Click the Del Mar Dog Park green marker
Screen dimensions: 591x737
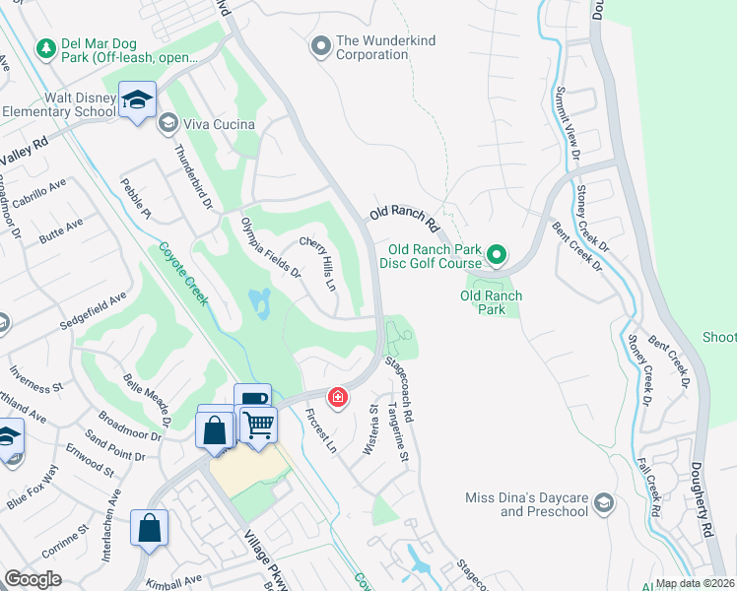[x=45, y=48]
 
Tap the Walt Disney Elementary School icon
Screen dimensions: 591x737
[x=137, y=99]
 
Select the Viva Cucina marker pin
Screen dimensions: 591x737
[x=167, y=123]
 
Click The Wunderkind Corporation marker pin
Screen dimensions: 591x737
[x=319, y=46]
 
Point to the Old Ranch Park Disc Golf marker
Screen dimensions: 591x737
[x=498, y=257]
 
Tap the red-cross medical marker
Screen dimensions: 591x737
[x=338, y=398]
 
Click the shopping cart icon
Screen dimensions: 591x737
[x=257, y=426]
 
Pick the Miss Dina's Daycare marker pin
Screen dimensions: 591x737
[x=604, y=504]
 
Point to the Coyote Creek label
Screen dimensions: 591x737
[x=179, y=273]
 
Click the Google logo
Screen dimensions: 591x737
[x=33, y=579]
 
